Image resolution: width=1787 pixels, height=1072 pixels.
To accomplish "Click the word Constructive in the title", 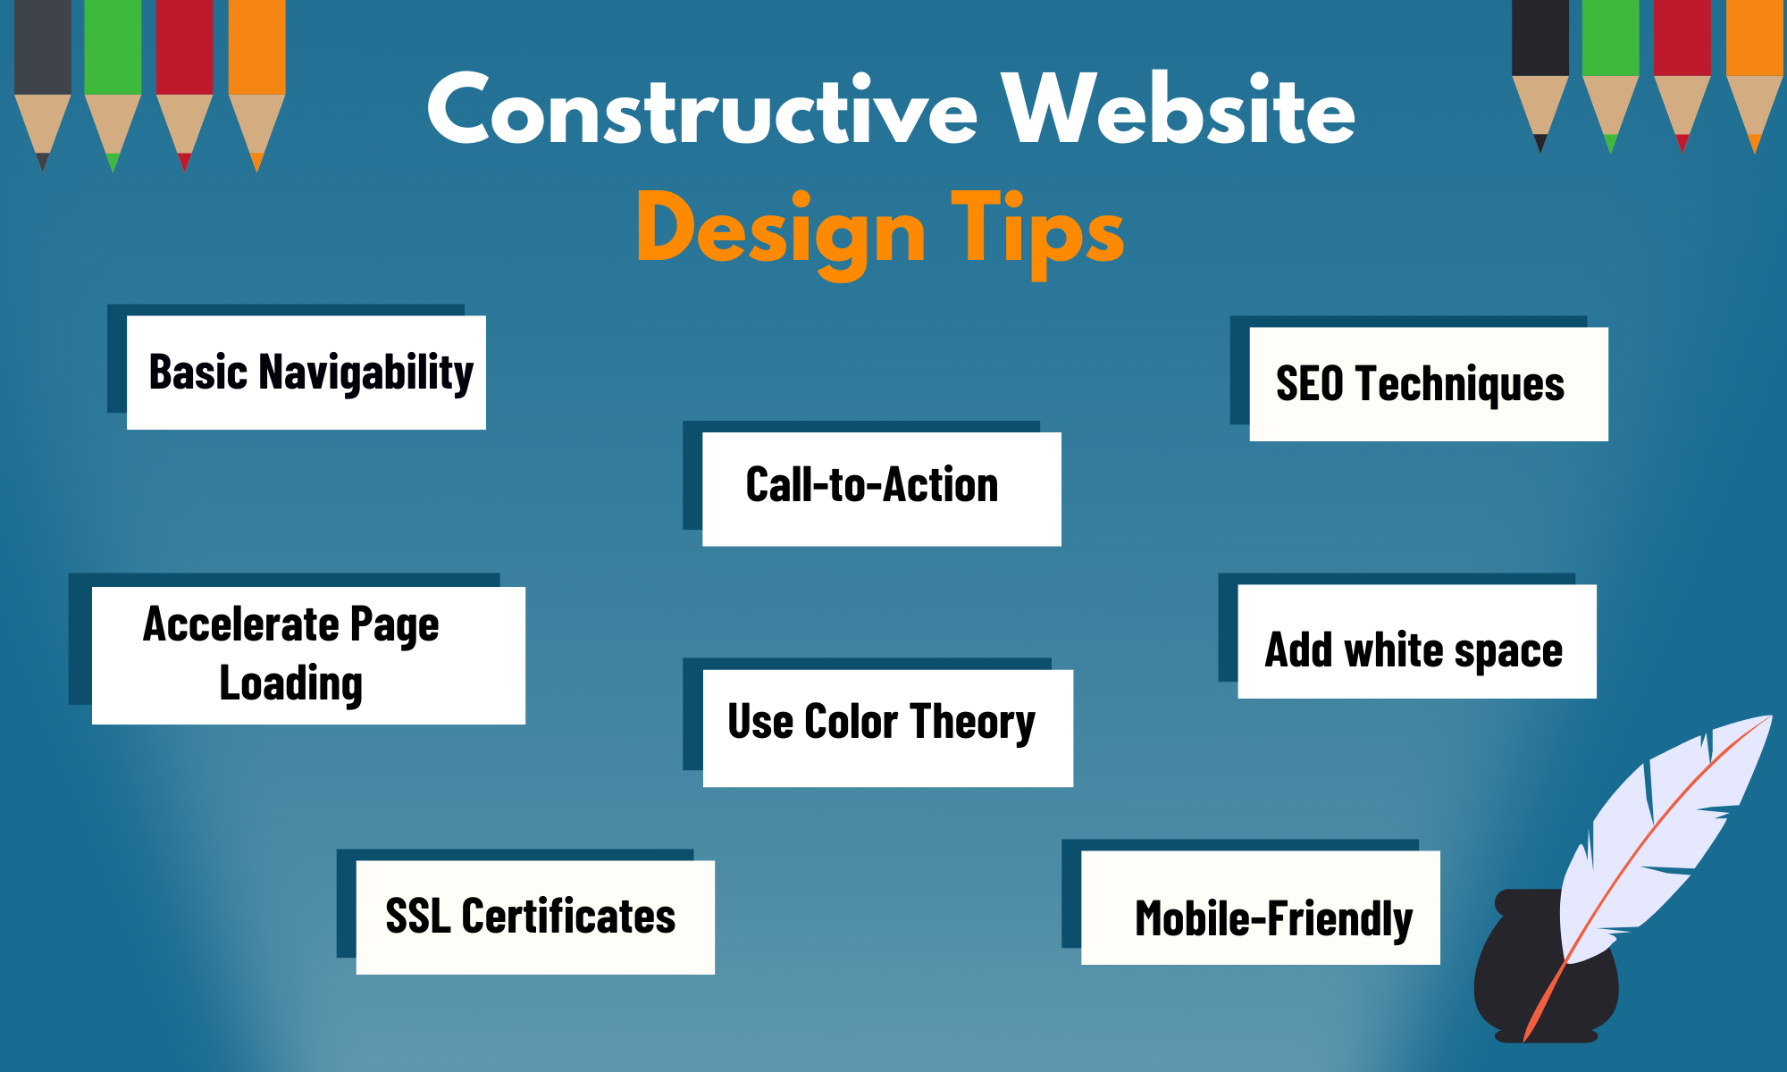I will [702, 112].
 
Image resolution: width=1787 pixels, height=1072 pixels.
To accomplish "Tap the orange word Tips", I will [1036, 230].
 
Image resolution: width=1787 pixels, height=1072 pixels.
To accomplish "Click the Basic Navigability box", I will [306, 373].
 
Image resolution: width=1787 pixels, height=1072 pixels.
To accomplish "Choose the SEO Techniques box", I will [1428, 384].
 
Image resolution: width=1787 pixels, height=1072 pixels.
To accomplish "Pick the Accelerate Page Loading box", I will [308, 655].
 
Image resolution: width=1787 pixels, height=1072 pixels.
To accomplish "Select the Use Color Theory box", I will [886, 727].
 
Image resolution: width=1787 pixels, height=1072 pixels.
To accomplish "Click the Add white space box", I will [1416, 641].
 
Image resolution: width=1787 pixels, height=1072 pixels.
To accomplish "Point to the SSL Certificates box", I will [534, 917].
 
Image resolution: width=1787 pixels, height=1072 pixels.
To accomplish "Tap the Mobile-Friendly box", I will [1260, 908].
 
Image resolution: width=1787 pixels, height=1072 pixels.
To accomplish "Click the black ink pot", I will [1519, 983].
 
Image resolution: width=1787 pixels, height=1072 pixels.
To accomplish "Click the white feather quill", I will [1662, 831].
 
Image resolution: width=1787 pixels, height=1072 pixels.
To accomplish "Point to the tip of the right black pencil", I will [1540, 146].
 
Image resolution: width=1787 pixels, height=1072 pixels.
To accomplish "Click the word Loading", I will [291, 684].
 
